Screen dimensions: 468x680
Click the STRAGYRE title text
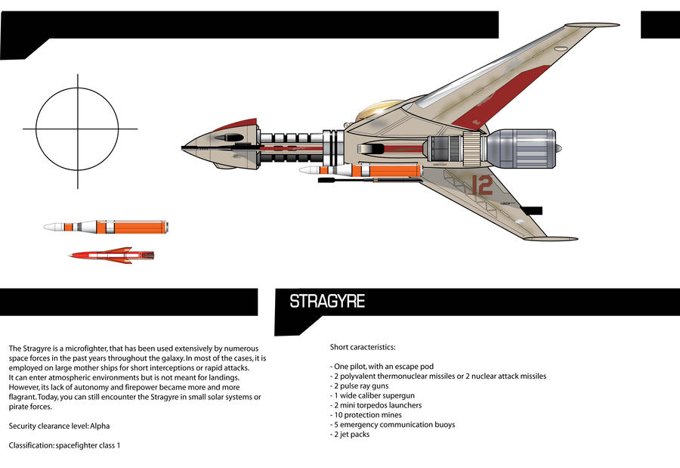(327, 302)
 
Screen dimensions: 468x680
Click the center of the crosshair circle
(77, 129)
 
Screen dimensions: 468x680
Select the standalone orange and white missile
(106, 226)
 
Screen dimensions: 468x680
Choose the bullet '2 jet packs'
(350, 435)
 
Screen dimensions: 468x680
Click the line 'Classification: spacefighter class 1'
(64, 445)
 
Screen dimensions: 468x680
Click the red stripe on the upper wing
(502, 95)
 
